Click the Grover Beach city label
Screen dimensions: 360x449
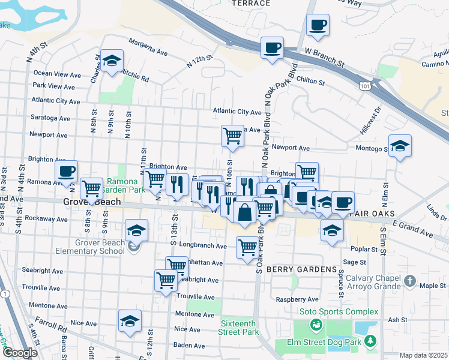[x=92, y=203]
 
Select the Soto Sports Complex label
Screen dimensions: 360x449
[x=340, y=312]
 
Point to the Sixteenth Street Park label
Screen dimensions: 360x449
[x=238, y=328]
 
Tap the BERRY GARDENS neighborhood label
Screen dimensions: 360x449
[x=301, y=270]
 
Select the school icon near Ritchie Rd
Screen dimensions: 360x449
[x=111, y=61]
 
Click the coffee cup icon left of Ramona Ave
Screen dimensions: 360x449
[x=67, y=172]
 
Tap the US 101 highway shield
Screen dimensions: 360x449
[x=365, y=86]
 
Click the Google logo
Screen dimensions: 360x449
[x=19, y=353]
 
